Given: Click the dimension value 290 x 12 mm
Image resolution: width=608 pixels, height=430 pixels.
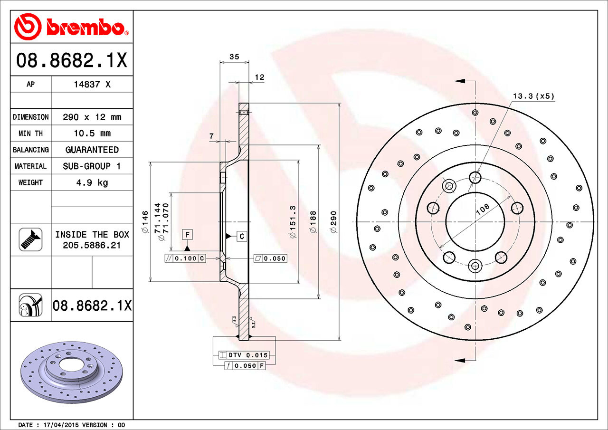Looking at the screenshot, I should [x=92, y=117].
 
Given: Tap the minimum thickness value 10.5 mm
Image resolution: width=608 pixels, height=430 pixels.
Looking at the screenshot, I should [x=92, y=134].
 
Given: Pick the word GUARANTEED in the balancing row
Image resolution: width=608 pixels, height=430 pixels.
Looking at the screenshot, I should [x=92, y=150].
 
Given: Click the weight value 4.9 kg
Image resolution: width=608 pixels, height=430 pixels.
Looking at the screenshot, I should [x=92, y=182].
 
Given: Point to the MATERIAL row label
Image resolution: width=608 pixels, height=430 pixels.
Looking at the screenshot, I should [x=30, y=166].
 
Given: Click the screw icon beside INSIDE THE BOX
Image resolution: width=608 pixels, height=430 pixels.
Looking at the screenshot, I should [x=30, y=239].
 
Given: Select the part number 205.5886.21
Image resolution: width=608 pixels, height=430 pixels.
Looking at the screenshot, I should [x=92, y=246].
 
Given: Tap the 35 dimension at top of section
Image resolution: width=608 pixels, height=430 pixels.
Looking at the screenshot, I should [x=234, y=57].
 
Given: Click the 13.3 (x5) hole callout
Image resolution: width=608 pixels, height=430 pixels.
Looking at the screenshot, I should [x=533, y=96].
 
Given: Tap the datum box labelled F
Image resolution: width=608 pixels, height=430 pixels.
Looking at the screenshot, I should [x=188, y=234].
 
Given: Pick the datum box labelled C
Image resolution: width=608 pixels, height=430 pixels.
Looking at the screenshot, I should [x=241, y=236].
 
